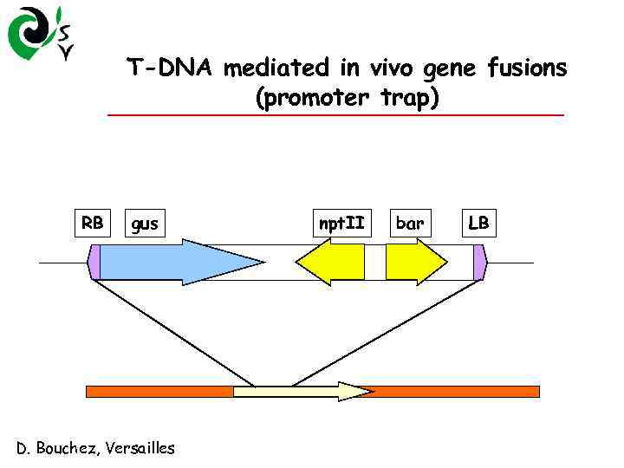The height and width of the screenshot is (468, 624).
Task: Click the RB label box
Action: pyautogui.click(x=93, y=224)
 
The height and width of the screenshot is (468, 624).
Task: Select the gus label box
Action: pyautogui.click(x=145, y=224)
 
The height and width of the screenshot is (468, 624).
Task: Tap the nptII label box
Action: pyautogui.click(x=341, y=224)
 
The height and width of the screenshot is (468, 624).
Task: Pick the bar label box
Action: pyautogui.click(x=410, y=224)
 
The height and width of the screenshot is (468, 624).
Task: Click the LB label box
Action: pyautogui.click(x=478, y=224)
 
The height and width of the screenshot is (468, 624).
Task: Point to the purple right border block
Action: pyautogui.click(x=94, y=263)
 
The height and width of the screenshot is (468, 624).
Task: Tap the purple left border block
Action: pyautogui.click(x=480, y=263)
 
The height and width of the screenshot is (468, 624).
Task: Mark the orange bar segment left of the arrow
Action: pyautogui.click(x=159, y=392)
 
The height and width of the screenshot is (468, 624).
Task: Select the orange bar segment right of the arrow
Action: pyautogui.click(x=456, y=392)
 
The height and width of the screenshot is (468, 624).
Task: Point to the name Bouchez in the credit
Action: pyautogui.click(x=69, y=448)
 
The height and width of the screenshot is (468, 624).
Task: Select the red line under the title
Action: pyautogui.click(x=335, y=115)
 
